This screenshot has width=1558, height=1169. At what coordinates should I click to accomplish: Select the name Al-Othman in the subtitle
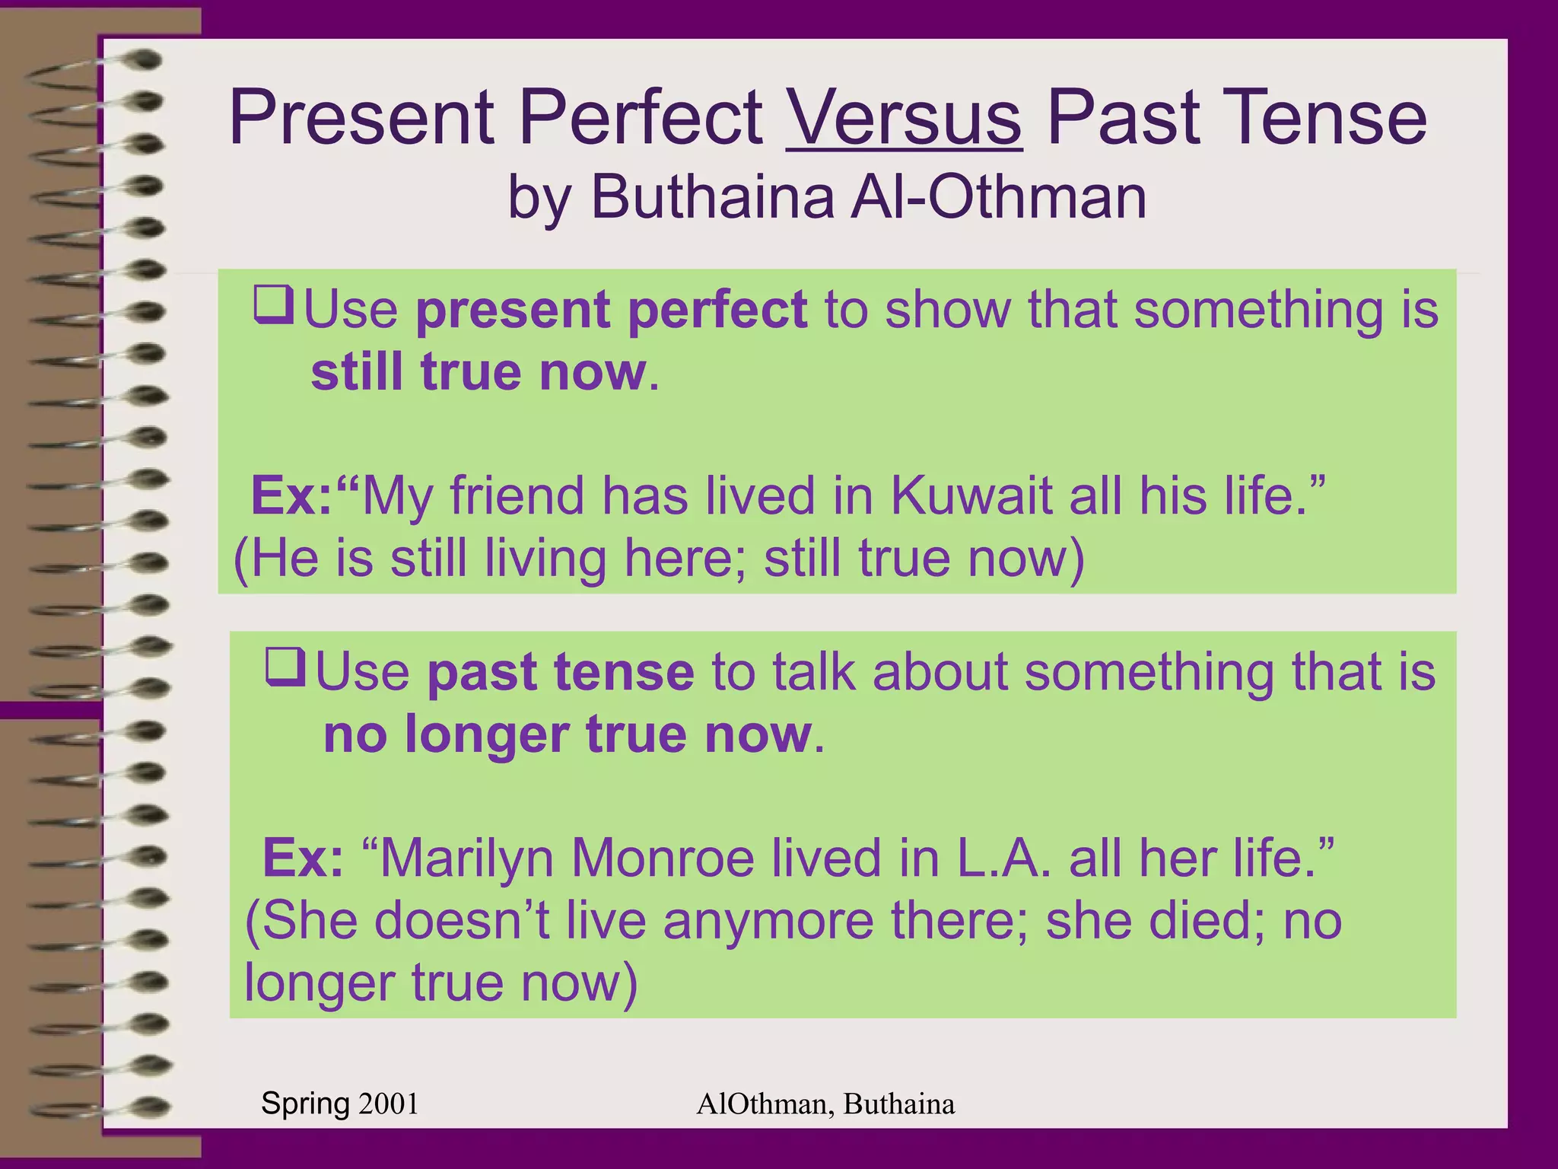[x=998, y=197]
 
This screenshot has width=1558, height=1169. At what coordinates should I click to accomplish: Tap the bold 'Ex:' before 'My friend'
[x=291, y=496]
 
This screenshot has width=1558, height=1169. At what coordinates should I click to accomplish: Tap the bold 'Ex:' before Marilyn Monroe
[x=303, y=858]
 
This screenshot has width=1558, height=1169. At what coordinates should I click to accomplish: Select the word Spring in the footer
[x=305, y=1104]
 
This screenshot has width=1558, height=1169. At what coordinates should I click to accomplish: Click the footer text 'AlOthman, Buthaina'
[x=825, y=1104]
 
